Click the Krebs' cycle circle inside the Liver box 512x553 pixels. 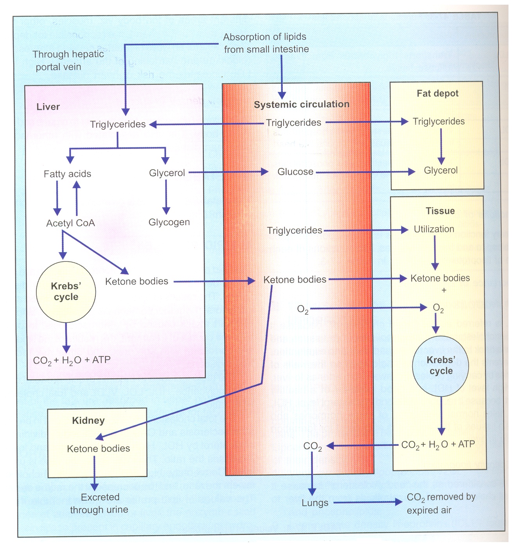66,292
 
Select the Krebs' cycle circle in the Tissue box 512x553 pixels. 441,366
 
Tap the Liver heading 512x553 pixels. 48,107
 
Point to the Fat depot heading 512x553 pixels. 437,93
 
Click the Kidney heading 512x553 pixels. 88,421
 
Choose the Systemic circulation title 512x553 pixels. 302,104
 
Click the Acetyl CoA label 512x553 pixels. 70,223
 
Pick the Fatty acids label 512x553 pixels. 67,174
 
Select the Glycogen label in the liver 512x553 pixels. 169,222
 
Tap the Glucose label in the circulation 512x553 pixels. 295,172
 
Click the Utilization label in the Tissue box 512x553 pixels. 434,229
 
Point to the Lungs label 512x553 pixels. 315,503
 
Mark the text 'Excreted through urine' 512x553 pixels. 99,503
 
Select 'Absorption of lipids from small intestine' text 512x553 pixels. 266,43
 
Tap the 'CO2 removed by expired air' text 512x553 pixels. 440,503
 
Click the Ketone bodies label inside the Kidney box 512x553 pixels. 99,449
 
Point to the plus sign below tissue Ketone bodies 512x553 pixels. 444,290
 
